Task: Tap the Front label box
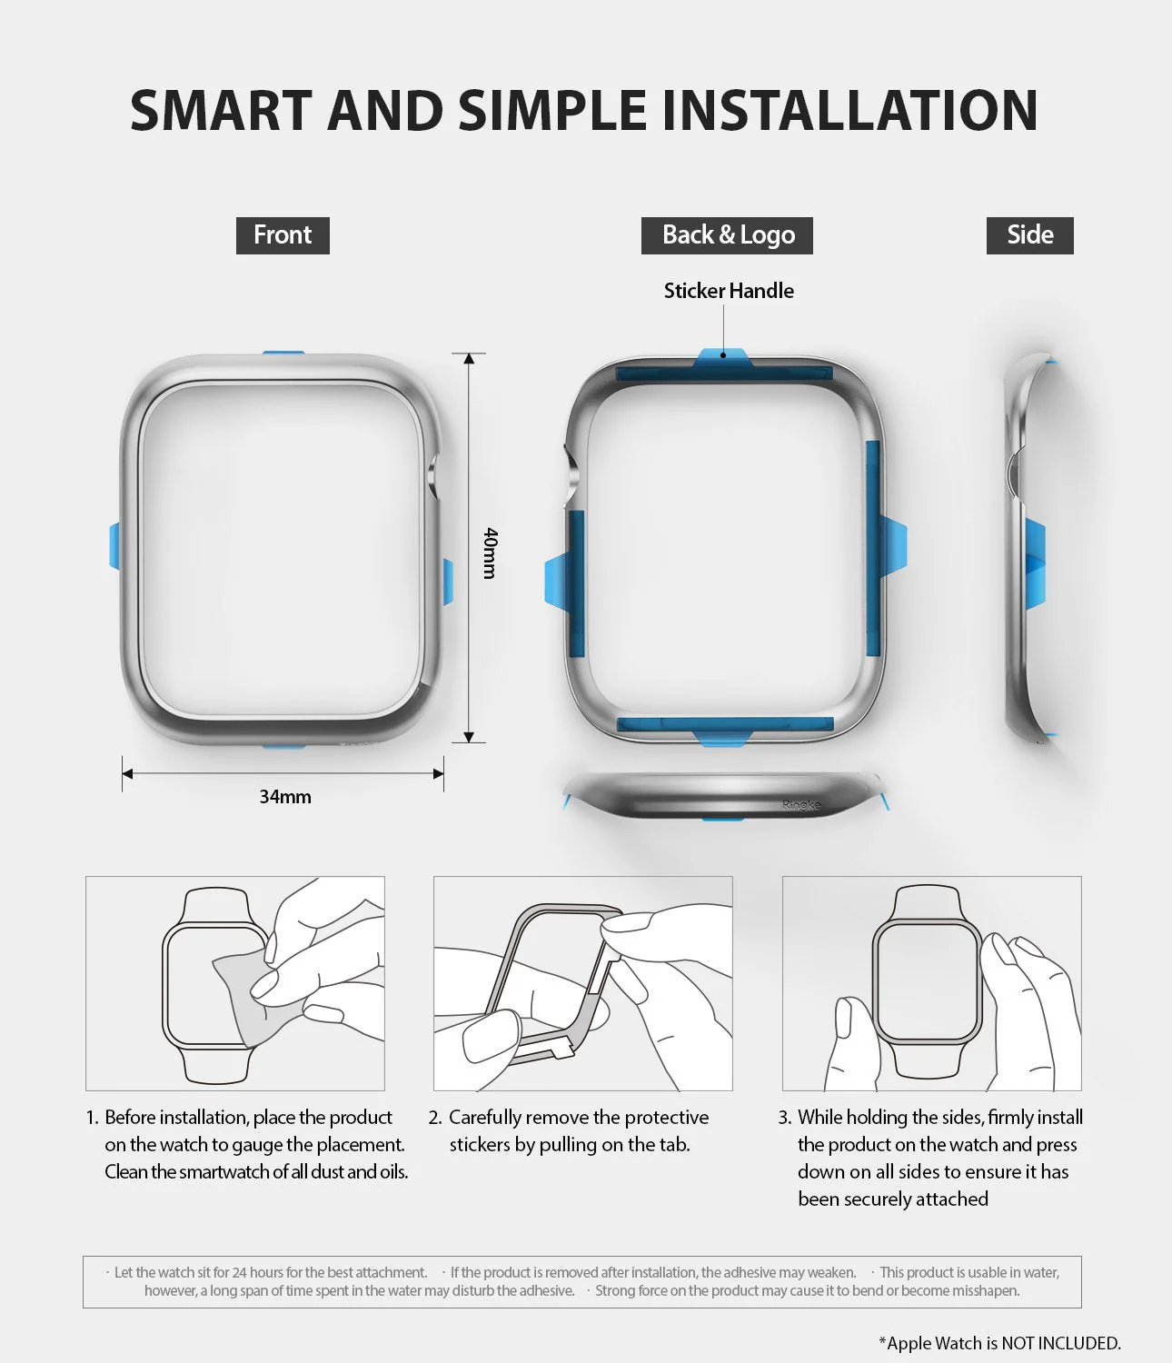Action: coord(283,235)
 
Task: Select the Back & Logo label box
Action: coord(727,235)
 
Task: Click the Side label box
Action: coord(1029,235)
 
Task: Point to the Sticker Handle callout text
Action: coord(729,291)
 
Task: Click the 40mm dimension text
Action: coord(490,552)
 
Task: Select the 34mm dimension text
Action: coord(285,797)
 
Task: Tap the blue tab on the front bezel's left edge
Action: coord(114,546)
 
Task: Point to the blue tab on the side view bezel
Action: coord(1035,561)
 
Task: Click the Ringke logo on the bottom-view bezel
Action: coord(801,805)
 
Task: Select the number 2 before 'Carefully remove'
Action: coord(434,1118)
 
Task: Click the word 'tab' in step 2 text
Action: coord(672,1145)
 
